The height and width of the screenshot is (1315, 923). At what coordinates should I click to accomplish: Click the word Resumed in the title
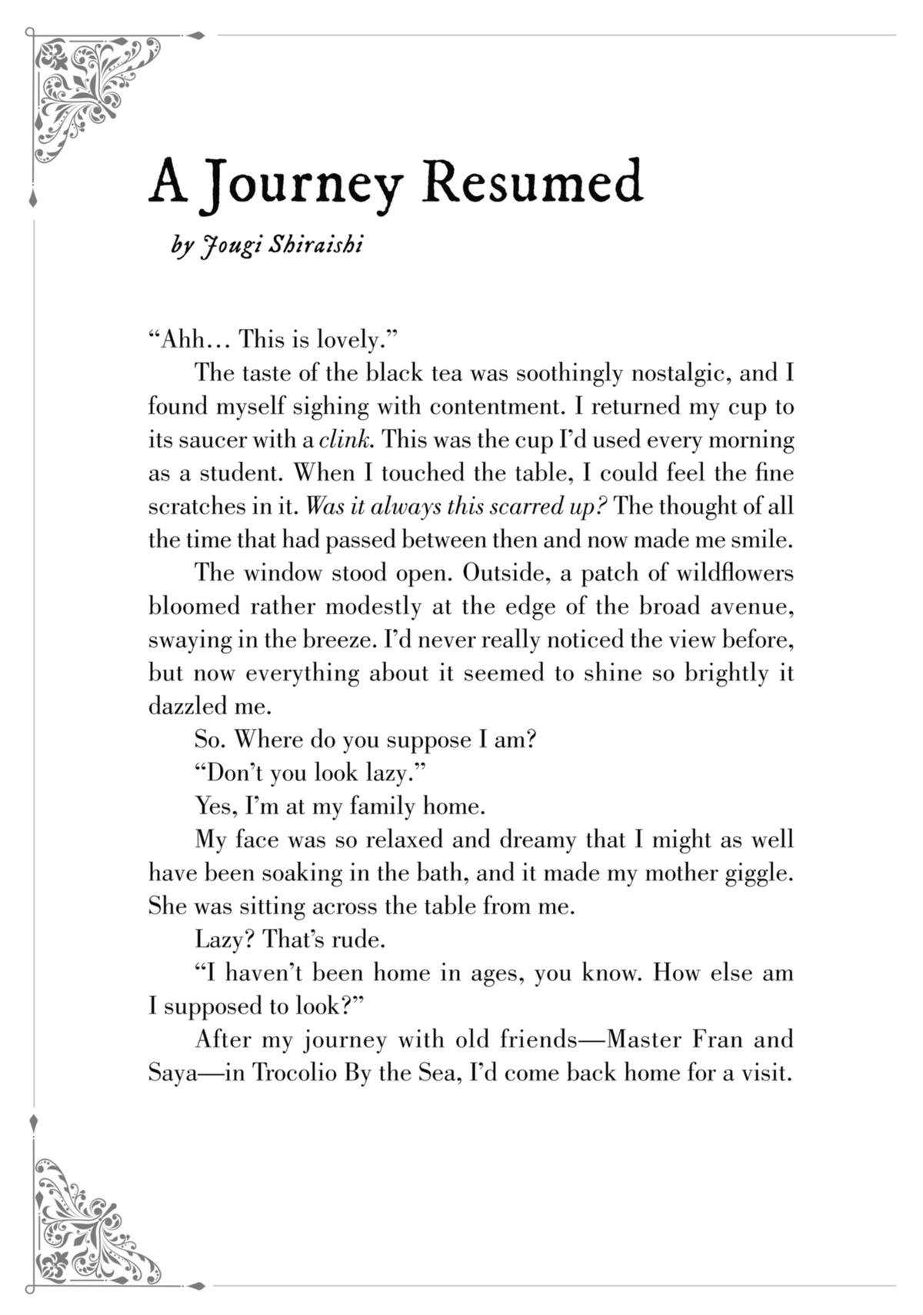click(x=532, y=182)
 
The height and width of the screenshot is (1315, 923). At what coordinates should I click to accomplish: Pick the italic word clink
click(x=346, y=440)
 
